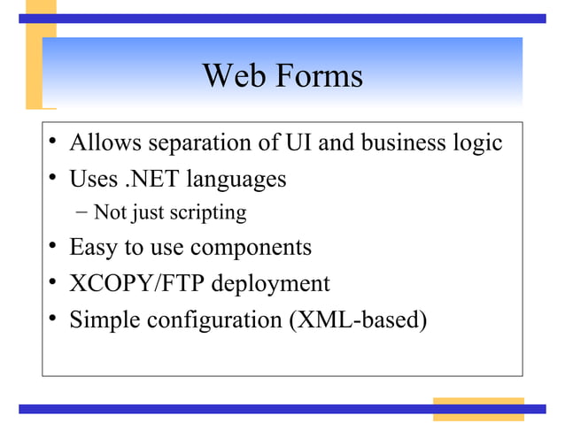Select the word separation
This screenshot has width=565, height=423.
[201, 142]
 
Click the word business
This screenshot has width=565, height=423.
[396, 142]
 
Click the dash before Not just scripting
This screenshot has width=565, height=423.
[82, 212]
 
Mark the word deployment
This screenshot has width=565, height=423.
[270, 284]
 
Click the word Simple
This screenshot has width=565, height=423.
[104, 319]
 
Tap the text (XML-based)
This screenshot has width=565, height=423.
[358, 319]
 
